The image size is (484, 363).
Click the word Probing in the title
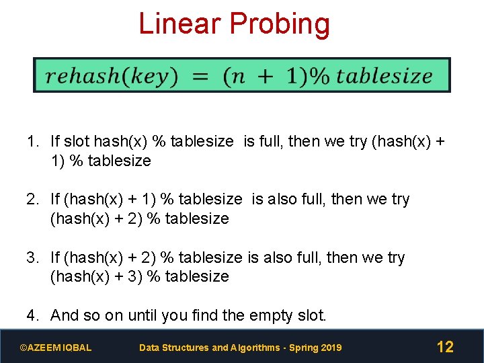(280, 25)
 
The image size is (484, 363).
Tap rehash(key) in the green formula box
(111, 76)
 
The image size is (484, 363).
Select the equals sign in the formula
(200, 76)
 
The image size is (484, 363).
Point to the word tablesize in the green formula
(384, 75)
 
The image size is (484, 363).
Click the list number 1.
(32, 141)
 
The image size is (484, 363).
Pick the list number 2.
(32, 199)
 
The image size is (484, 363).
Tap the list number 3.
(32, 257)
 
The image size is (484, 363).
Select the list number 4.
(32, 315)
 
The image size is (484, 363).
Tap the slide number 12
(445, 347)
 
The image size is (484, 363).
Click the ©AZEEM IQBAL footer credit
(56, 348)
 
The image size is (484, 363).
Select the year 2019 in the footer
(331, 348)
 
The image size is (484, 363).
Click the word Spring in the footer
(301, 348)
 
